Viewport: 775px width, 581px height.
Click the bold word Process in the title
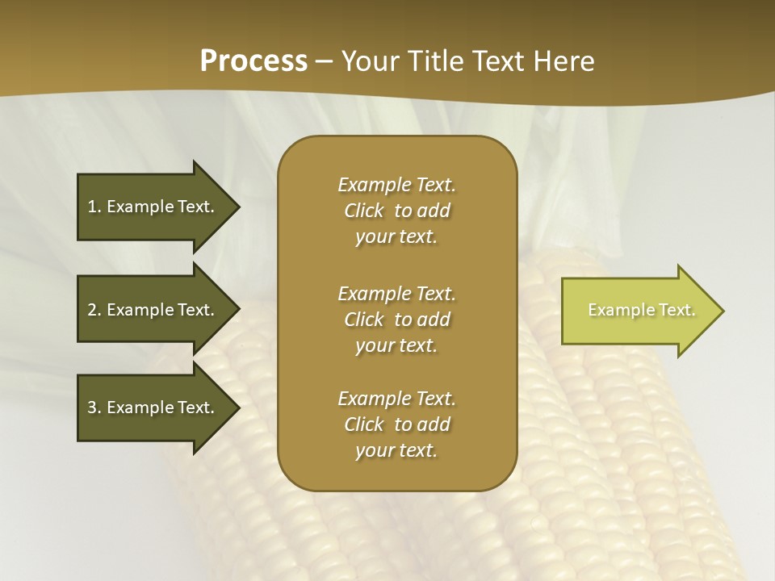tap(253, 61)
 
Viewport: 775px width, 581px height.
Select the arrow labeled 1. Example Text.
tap(153, 207)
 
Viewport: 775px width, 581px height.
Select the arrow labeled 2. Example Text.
tap(153, 310)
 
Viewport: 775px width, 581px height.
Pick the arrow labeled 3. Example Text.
tap(153, 408)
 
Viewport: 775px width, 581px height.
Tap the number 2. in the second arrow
tap(94, 310)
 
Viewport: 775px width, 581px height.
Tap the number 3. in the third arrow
tap(94, 408)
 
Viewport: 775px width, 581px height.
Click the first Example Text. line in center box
tap(396, 185)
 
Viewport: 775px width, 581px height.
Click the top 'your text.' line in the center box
tap(396, 237)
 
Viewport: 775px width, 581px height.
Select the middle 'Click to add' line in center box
tap(396, 320)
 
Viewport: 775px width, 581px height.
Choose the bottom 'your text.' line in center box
tap(396, 451)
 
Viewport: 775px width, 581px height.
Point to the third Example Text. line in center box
tap(396, 399)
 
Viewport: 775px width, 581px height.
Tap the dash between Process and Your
tap(325, 61)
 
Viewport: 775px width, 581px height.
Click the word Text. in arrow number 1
tap(195, 207)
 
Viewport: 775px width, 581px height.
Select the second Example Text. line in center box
tap(396, 294)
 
